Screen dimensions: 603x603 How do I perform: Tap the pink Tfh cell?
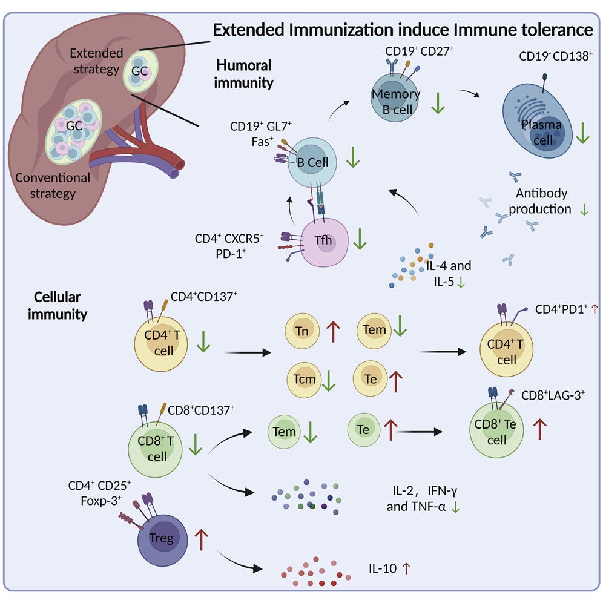tap(326, 242)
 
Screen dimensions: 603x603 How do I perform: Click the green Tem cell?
tap(285, 431)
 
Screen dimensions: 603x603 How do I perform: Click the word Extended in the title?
tap(259, 28)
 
